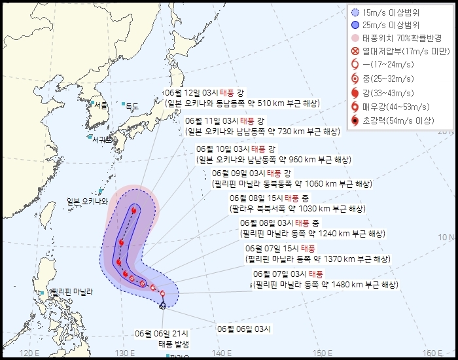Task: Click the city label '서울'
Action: [x=100, y=105]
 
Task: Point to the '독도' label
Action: [x=132, y=105]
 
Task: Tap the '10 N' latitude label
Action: [x=447, y=236]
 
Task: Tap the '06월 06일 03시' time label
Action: [x=243, y=329]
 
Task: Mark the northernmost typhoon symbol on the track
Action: [x=133, y=211]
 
